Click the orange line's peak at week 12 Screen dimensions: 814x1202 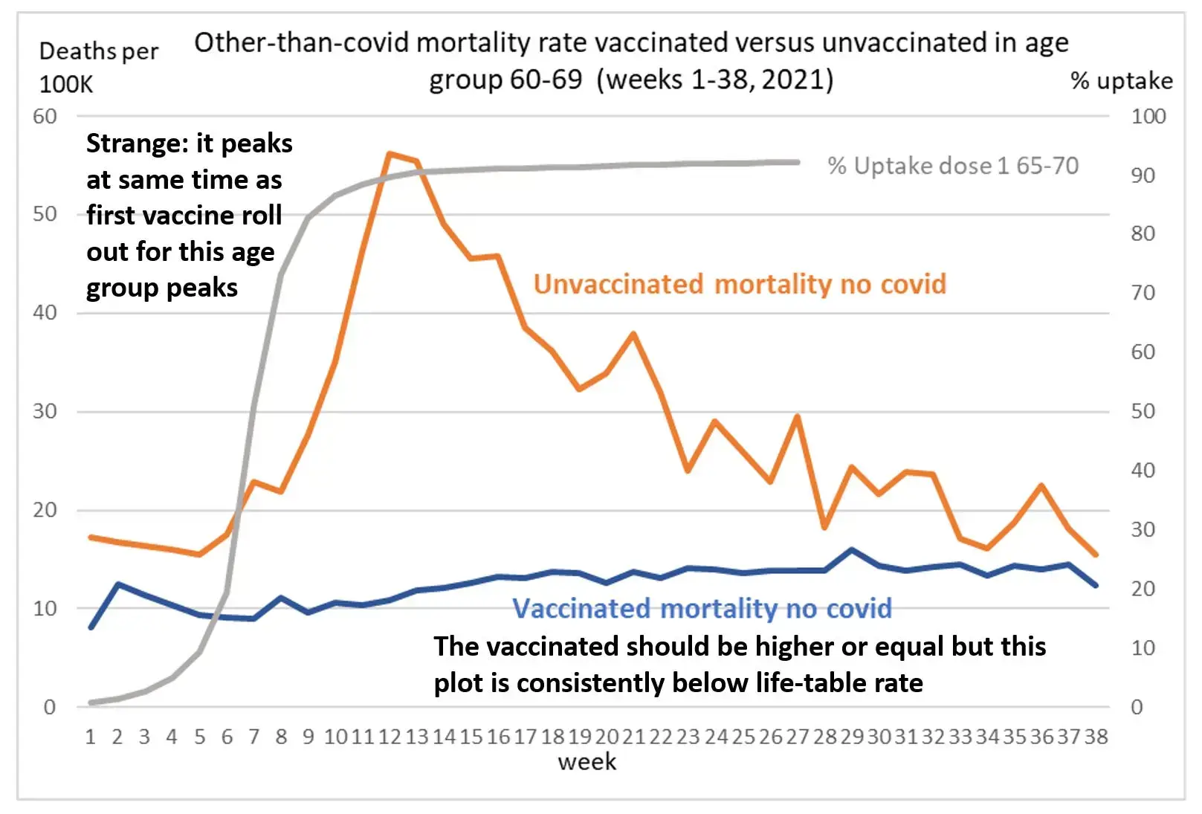click(389, 154)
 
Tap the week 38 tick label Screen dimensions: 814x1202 click(1096, 737)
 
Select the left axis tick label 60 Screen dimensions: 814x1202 click(45, 117)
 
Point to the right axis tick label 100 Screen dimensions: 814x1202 click(1148, 117)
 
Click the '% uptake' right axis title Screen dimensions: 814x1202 click(1121, 81)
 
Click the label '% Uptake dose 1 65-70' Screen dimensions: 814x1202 click(952, 166)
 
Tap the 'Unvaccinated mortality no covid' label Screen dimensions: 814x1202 click(740, 284)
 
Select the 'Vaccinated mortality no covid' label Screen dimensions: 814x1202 click(702, 608)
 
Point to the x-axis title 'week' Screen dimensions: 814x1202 click(587, 762)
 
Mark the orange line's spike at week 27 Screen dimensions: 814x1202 click(797, 416)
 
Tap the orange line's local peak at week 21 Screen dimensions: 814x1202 click(633, 334)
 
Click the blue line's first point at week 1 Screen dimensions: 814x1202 click(91, 627)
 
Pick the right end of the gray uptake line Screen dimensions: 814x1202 click(798, 162)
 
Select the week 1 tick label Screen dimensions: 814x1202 click(91, 737)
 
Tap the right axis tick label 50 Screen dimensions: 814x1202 click(1143, 412)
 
